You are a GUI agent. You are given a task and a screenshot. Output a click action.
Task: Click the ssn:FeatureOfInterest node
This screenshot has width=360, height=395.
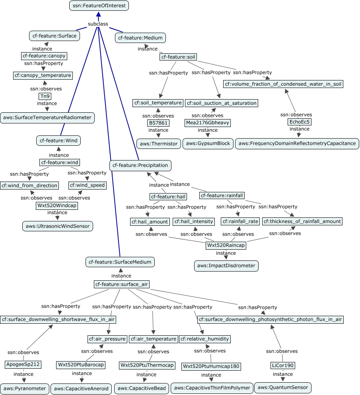[99, 6]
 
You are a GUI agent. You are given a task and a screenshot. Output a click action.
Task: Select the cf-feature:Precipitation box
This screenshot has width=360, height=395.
[140, 165]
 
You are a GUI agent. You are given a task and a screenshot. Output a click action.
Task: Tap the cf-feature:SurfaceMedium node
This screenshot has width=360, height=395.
[120, 262]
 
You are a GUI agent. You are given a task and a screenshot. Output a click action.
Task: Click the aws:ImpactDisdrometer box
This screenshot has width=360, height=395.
[226, 266]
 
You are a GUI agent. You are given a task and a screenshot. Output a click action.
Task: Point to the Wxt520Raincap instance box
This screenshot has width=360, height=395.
[226, 245]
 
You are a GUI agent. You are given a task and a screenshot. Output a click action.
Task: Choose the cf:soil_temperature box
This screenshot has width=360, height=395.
[158, 103]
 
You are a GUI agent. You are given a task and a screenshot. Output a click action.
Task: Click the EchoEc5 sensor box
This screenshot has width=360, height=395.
[299, 122]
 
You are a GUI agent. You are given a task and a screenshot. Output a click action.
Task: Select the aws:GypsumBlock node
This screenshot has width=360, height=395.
[208, 144]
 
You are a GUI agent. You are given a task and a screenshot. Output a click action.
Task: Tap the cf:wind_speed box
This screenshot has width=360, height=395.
[88, 186]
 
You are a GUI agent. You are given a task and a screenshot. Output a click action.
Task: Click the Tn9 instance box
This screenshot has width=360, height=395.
[45, 96]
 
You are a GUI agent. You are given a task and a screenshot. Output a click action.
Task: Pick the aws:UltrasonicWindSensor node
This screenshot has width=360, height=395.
[58, 226]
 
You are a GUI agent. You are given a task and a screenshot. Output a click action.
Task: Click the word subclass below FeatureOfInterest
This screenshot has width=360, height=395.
[98, 24]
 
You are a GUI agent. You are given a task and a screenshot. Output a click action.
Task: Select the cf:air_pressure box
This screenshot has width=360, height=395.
[107, 339]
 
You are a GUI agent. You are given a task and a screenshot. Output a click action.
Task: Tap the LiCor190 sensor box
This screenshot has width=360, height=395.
[283, 366]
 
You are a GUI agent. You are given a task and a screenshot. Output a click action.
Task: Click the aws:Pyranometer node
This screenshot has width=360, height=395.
[25, 389]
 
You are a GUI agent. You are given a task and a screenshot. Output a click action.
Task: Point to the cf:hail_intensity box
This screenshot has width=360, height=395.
[194, 221]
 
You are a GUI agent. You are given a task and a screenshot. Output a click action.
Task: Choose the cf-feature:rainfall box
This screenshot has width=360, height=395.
[222, 196]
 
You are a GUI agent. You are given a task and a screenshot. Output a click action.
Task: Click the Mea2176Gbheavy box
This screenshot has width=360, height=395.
[207, 123]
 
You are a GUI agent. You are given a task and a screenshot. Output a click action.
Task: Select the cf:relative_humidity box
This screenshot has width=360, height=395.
[205, 339]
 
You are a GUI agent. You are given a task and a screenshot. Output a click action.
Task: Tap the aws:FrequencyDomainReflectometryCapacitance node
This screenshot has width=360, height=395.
[297, 144]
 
